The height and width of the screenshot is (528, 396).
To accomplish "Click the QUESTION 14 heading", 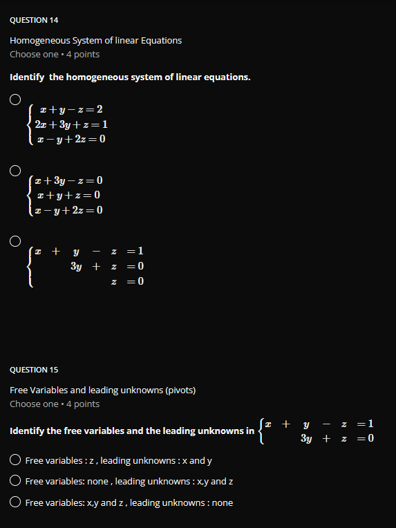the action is point(34,20).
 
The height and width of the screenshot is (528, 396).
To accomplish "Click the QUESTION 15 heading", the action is point(34,370).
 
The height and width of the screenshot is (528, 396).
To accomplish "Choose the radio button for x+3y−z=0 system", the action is point(15,170).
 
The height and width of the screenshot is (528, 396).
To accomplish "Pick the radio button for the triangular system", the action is point(15,241).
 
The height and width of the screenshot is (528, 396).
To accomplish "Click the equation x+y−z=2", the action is point(71,110).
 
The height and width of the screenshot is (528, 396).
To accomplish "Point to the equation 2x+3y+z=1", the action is point(71,125).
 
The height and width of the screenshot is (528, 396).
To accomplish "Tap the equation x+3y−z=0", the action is point(71,181).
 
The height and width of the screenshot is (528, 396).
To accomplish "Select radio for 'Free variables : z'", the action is point(15,460).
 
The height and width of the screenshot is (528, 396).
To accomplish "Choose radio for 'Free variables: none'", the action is point(15,481).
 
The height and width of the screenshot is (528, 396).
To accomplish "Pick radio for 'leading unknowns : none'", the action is point(15,502).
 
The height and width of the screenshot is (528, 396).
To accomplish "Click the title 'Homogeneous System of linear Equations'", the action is point(96,40).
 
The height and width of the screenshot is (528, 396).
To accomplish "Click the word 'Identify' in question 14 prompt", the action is point(27,77).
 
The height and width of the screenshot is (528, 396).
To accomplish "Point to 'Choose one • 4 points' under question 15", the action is point(55,404).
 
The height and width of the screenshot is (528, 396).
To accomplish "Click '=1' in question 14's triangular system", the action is point(135,251).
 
